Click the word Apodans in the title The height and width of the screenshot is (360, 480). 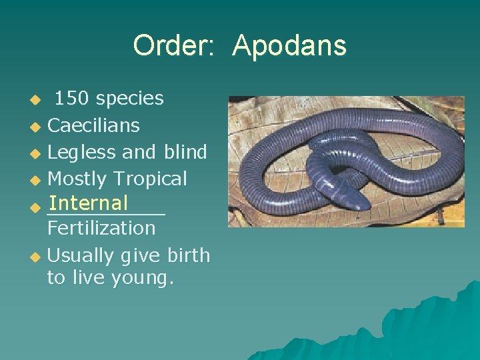tap(289, 46)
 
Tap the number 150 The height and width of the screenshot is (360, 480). tap(72, 99)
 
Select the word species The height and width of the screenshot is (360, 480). tap(129, 99)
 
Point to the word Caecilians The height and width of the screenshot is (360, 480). tap(93, 125)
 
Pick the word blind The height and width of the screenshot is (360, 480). tap(185, 152)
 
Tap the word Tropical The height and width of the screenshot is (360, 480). tap(151, 179)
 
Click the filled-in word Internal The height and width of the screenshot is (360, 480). tap(88, 203)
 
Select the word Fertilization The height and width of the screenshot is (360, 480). tap(101, 228)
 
